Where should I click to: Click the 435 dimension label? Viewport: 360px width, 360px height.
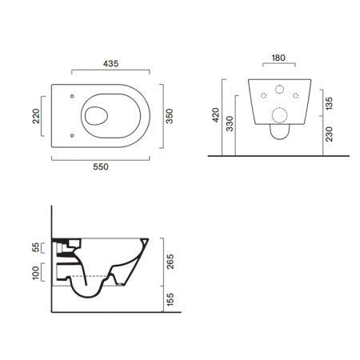point(110,64)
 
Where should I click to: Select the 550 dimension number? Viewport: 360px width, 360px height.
point(101,167)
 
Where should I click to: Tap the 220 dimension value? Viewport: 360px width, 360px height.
point(36,116)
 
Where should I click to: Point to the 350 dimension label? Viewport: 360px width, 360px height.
point(170,116)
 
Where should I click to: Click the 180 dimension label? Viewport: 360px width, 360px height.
point(278,58)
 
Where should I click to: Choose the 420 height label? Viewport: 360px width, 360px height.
point(215,115)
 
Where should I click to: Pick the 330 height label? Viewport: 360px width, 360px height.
point(230,124)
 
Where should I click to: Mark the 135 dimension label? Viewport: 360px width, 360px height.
point(330,103)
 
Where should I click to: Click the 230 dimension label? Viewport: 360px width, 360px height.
point(330,134)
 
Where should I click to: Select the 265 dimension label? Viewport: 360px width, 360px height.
point(170,262)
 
